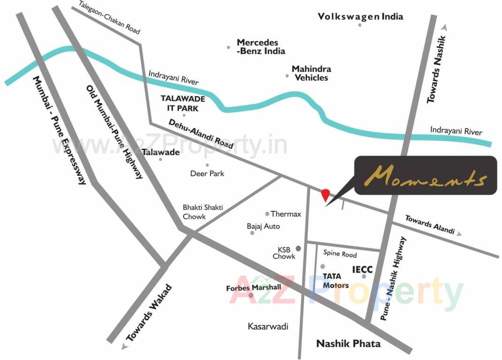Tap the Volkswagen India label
coord(360,17)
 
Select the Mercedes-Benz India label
coord(260,47)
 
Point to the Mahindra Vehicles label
coord(311,73)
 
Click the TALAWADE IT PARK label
coord(180,103)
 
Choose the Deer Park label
coord(207,173)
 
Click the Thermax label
coord(286,214)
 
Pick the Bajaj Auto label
coord(263,226)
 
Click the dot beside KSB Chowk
coord(297,248)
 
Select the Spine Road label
coord(340,254)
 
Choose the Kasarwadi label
coord(268,326)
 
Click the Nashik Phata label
coord(348,344)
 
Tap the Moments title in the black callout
coord(425,177)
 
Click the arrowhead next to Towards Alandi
coord(459,233)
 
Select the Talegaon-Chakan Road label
coord(109,17)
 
